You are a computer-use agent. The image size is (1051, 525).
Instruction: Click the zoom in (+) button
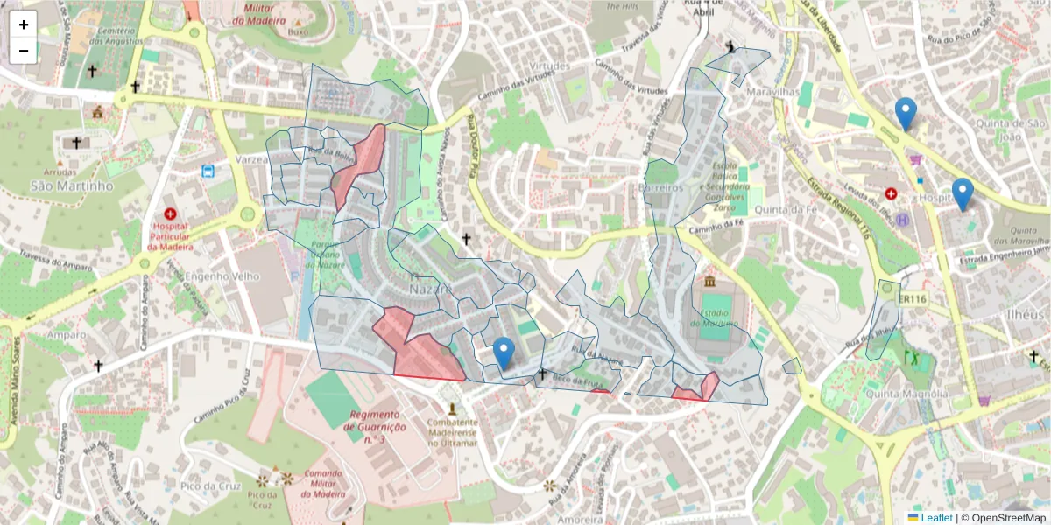[24, 24]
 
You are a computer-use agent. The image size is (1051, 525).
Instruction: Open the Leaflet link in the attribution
[935, 518]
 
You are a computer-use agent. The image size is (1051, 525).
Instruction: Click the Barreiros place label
[661, 188]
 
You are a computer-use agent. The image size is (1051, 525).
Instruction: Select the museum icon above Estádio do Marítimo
[709, 282]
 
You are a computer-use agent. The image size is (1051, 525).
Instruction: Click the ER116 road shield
[912, 299]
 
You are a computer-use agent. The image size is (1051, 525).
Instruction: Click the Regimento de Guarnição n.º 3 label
[377, 427]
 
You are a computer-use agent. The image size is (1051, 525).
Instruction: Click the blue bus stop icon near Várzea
[209, 171]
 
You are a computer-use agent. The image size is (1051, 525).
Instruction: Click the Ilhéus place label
[1025, 313]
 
